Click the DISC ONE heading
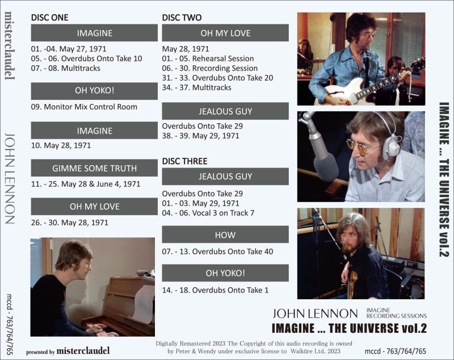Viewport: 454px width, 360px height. (49, 18)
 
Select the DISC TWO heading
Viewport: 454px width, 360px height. (182, 18)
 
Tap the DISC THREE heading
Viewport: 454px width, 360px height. (184, 161)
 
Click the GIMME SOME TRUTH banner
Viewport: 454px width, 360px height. (94, 168)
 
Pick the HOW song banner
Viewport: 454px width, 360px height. (225, 235)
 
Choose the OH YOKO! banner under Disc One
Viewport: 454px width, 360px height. (94, 91)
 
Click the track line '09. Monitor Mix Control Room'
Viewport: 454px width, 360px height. (84, 107)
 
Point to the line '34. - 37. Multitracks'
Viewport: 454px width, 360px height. (197, 87)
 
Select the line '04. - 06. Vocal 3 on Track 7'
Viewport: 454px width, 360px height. (208, 213)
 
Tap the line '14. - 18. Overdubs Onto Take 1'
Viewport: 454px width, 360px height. (215, 290)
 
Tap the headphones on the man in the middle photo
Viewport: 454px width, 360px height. (390, 140)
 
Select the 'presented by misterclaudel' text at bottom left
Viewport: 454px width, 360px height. (68, 351)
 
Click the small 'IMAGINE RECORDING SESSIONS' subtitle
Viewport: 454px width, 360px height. (396, 312)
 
